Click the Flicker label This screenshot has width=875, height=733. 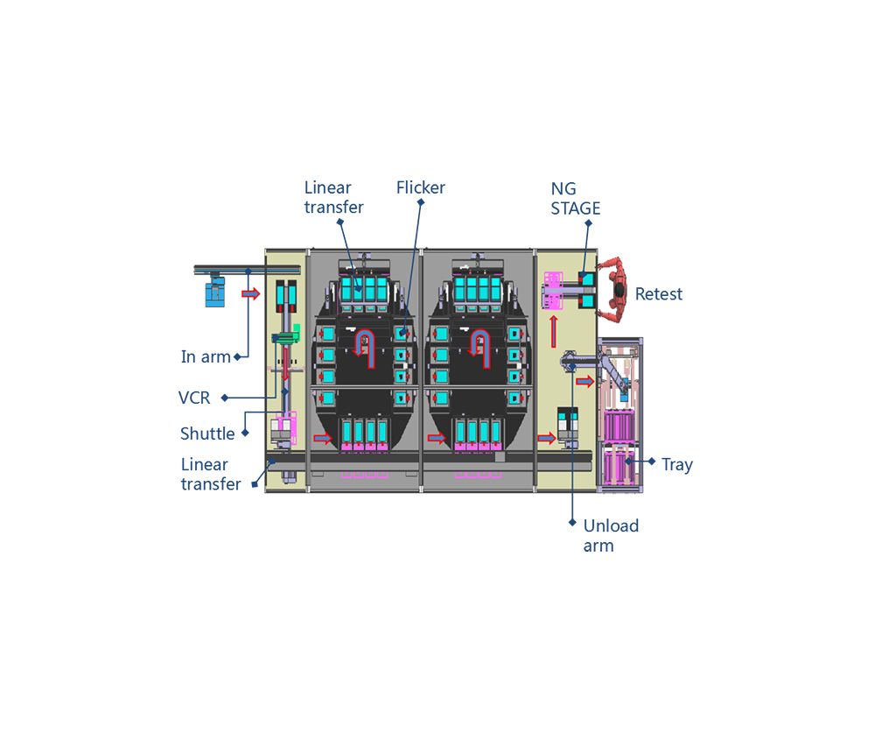(x=420, y=187)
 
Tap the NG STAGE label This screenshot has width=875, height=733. (x=576, y=199)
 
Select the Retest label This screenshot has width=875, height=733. (x=659, y=294)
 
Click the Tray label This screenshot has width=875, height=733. (x=677, y=465)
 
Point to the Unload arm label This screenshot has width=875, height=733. (x=611, y=536)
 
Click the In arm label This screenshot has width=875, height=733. (x=206, y=357)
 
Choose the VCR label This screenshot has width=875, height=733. (x=194, y=398)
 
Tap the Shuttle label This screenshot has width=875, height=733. (x=207, y=433)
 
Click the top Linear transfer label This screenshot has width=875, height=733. (x=333, y=197)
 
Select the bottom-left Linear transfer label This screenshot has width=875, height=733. (x=210, y=475)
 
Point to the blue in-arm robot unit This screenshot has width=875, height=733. (x=215, y=291)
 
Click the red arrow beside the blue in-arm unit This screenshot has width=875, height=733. (x=251, y=293)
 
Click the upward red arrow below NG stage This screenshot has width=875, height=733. (x=554, y=332)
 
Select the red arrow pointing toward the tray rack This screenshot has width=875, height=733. (x=584, y=382)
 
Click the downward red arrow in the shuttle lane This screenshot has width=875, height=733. (x=285, y=364)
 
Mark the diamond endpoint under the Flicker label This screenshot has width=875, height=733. (x=421, y=202)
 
